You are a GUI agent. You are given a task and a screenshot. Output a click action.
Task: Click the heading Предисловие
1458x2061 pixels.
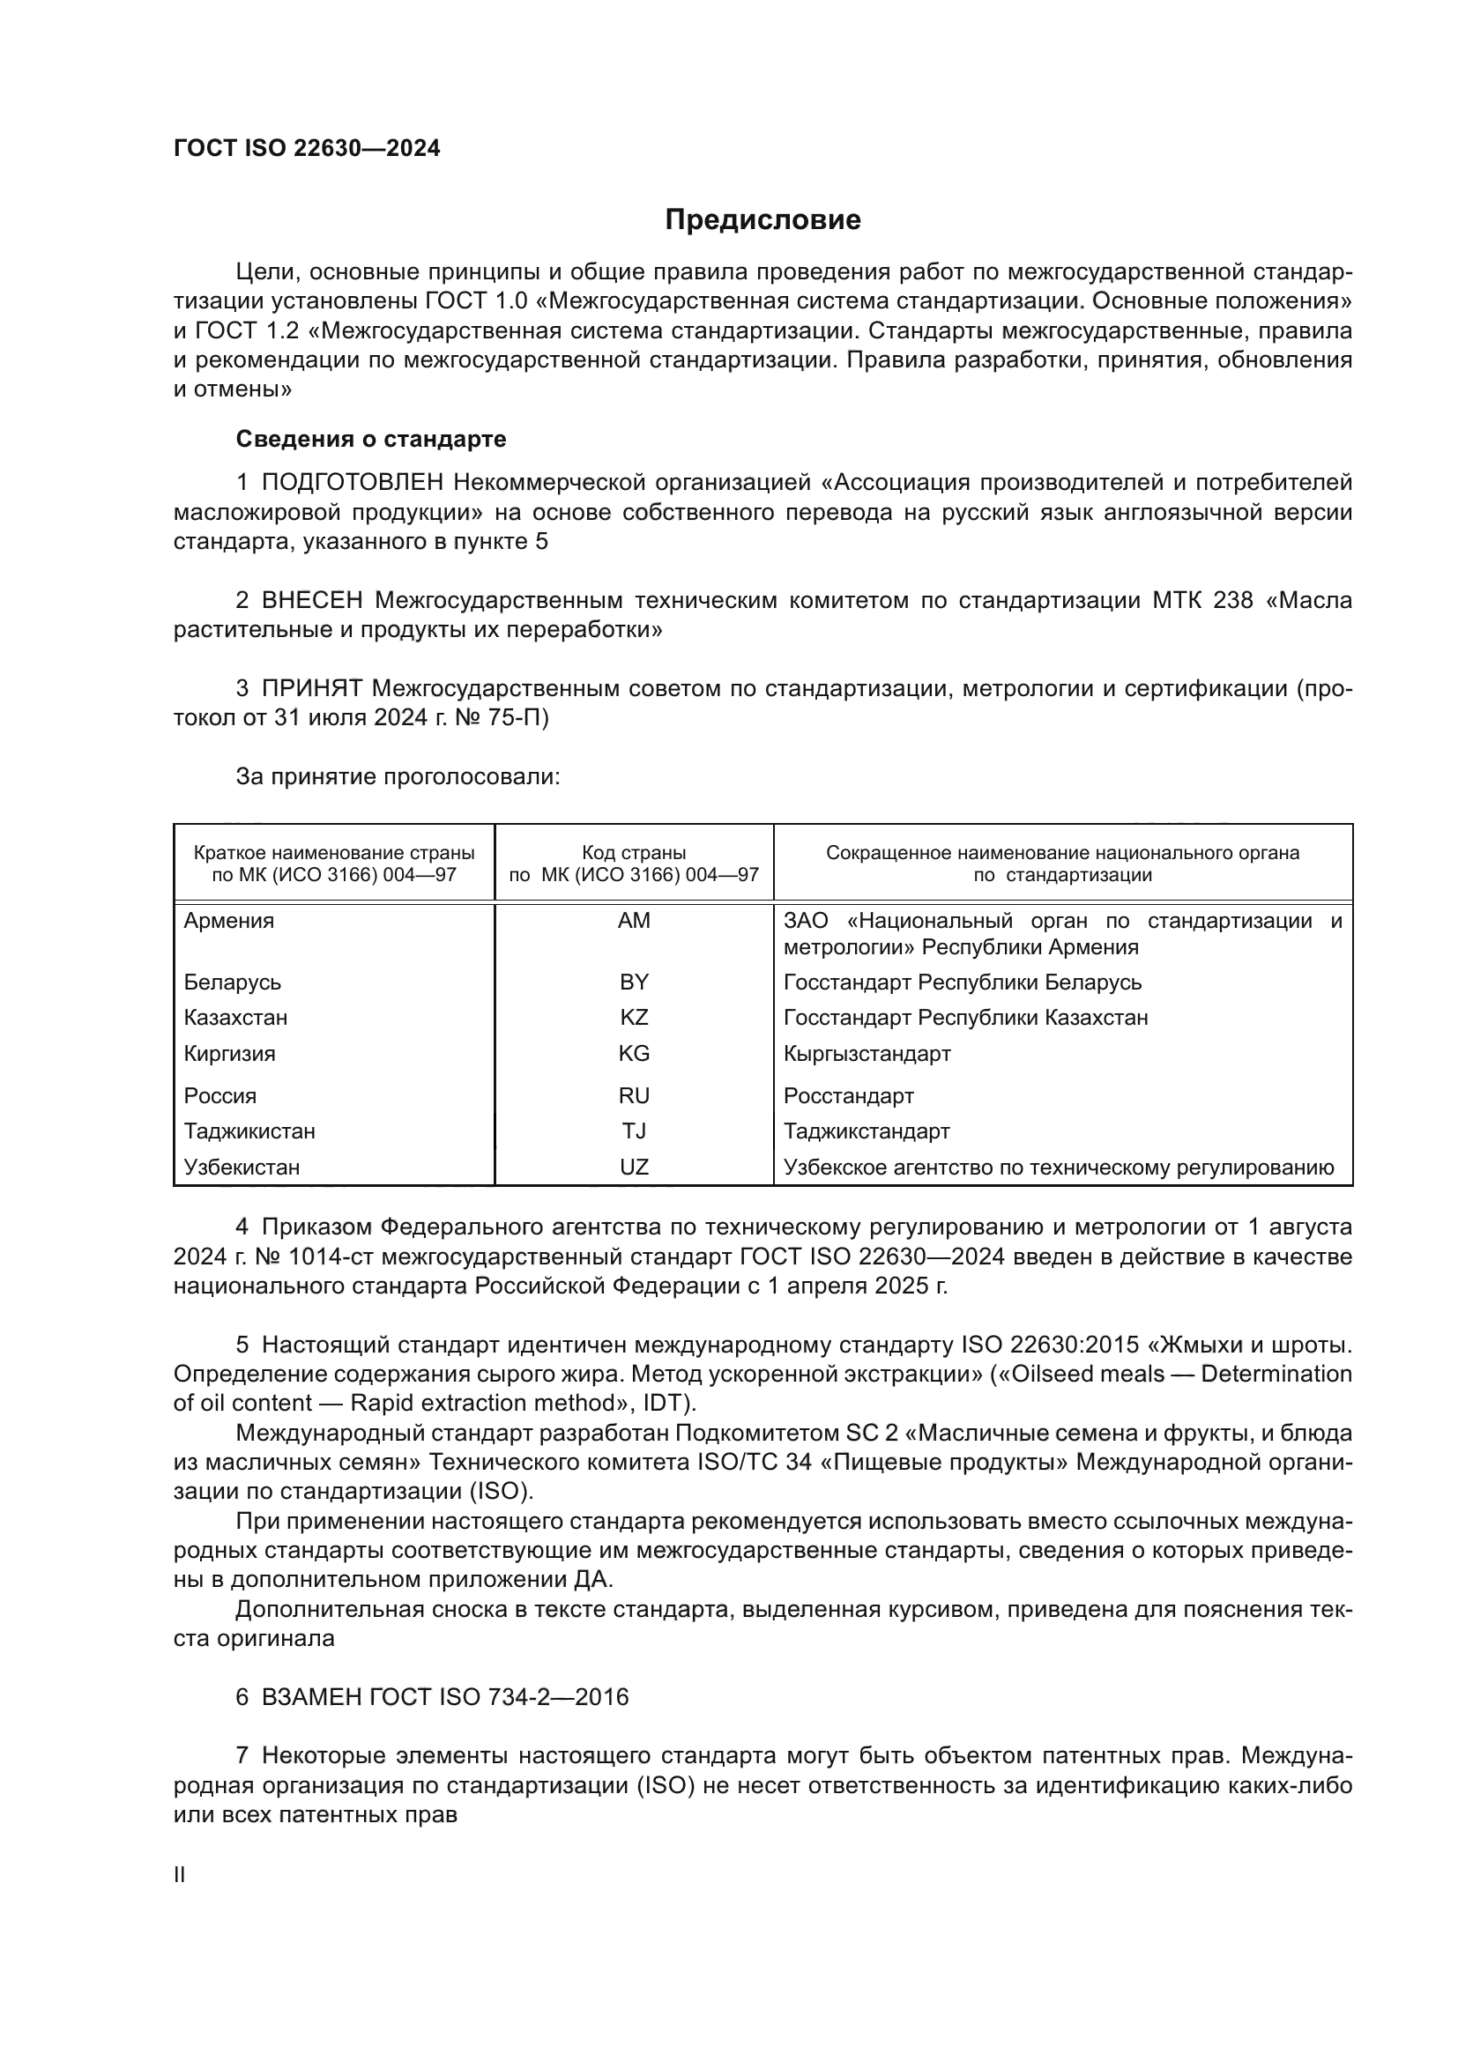click(x=762, y=220)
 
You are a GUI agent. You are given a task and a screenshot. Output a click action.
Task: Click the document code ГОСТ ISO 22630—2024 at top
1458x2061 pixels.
click(x=307, y=149)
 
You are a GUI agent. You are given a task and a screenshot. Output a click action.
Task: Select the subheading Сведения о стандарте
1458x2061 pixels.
click(x=371, y=439)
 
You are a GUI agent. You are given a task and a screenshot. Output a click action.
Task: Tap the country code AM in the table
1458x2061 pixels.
click(x=634, y=921)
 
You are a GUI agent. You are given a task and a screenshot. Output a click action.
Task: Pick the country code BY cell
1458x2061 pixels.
click(x=634, y=982)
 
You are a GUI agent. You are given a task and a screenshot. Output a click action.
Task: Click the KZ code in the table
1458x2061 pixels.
click(x=634, y=1018)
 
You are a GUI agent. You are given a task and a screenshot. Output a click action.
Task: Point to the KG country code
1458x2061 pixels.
click(x=634, y=1054)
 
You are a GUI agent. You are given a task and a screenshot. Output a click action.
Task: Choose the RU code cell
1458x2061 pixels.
click(x=634, y=1096)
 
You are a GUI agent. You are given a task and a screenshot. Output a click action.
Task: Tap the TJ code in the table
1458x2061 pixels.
click(x=634, y=1131)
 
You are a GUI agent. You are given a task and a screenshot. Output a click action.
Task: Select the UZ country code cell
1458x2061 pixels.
click(x=634, y=1167)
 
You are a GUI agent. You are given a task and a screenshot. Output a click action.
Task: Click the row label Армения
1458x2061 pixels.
click(x=229, y=921)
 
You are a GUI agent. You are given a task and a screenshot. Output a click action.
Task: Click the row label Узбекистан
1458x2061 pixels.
click(x=242, y=1167)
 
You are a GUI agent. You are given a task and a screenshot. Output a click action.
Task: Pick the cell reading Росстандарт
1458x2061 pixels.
click(x=848, y=1096)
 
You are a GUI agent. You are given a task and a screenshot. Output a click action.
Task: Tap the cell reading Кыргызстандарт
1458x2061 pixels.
click(x=867, y=1054)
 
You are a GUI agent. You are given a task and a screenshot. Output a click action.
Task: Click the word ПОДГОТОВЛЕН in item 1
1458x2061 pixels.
click(x=352, y=483)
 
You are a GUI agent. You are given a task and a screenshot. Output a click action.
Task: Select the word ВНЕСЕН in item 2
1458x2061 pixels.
click(x=312, y=600)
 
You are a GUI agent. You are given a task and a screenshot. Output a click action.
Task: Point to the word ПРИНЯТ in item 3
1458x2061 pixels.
click(x=311, y=688)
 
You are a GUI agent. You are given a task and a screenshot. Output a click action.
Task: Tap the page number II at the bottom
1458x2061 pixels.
click(x=180, y=1874)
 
